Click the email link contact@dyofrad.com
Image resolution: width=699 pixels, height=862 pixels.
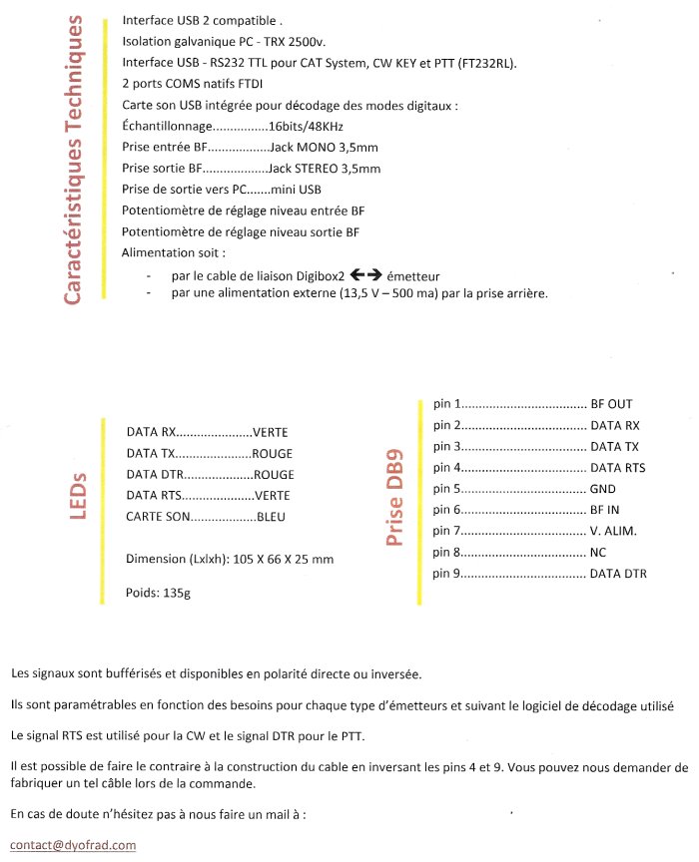tap(73, 845)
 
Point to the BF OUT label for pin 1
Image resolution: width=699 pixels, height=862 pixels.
tap(612, 404)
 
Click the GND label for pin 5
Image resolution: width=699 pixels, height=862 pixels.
tap(603, 489)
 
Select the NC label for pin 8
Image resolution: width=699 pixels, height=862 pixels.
tap(598, 552)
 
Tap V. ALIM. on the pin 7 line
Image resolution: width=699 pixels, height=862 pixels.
tap(614, 531)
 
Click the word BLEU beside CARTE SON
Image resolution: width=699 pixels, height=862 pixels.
tap(273, 517)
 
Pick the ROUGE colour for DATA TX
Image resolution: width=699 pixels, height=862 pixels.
tap(272, 454)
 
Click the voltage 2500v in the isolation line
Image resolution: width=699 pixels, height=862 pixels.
tap(310, 41)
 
